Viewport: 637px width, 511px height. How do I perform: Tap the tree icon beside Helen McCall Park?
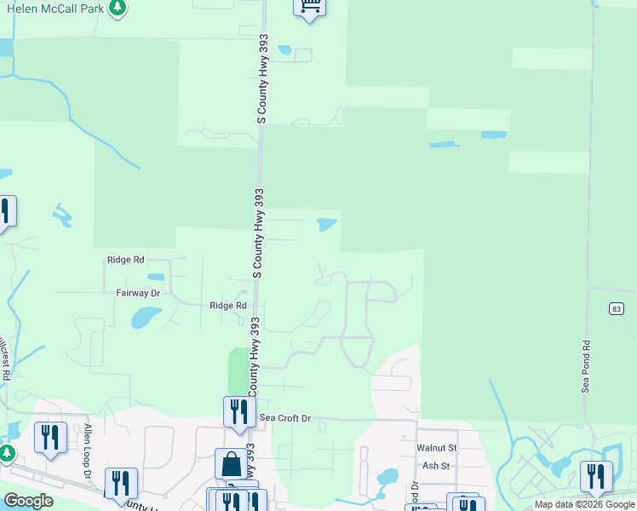(118, 8)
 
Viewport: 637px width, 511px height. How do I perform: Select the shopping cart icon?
(309, 7)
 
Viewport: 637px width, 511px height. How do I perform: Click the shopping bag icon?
(231, 464)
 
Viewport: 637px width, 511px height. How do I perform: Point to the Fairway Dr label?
(138, 293)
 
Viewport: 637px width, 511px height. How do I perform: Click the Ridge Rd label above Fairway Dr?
(126, 261)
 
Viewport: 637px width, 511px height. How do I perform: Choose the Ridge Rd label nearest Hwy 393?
(228, 305)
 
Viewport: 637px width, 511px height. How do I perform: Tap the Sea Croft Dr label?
(286, 418)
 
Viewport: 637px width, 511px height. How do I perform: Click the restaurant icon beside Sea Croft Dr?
(238, 411)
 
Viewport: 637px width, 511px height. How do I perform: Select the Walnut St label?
(437, 447)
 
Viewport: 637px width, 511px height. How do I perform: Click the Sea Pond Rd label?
(586, 367)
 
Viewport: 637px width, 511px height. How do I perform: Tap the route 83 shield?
(617, 308)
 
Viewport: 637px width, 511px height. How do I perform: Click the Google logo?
(28, 501)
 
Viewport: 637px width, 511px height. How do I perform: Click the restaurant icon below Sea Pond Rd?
(595, 476)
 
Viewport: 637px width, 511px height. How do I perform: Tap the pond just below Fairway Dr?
(143, 318)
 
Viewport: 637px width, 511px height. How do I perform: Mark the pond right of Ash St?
(387, 476)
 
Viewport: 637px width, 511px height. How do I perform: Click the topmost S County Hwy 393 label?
(263, 81)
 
